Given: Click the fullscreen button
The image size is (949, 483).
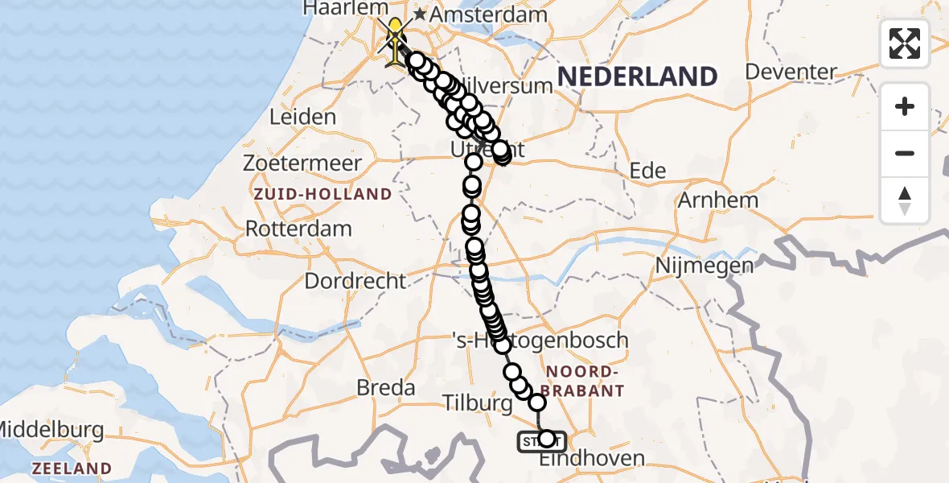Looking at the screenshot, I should click(905, 43).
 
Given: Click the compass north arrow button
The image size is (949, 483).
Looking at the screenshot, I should click(905, 200).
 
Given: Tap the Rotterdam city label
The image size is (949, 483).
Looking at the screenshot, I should click(298, 228).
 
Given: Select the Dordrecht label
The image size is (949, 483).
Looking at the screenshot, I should click(355, 281).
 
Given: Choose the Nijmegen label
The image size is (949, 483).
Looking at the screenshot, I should click(705, 265).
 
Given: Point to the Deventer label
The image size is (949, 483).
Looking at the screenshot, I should click(791, 72).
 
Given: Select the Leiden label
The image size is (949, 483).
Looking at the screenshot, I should click(302, 117).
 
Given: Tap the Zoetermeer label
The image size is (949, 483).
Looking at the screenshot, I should click(303, 163).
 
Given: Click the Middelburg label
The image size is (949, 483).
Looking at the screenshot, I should click(51, 429).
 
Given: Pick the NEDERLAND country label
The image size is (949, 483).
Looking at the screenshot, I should click(637, 76).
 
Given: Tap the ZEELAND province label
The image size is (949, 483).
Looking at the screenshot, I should click(72, 469).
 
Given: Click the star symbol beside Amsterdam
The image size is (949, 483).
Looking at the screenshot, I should click(419, 14).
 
